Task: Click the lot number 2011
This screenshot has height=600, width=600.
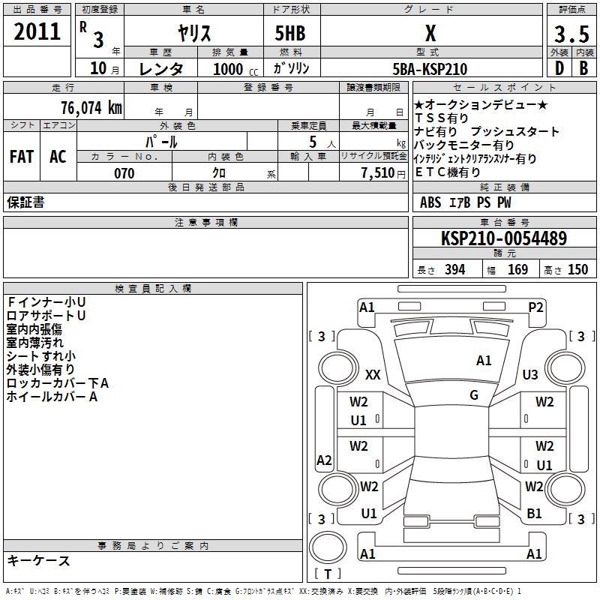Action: tap(37, 32)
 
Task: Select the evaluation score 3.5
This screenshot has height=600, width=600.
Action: tap(571, 34)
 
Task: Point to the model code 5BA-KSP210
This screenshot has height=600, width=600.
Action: tap(430, 69)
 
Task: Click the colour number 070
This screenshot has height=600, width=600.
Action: tap(124, 173)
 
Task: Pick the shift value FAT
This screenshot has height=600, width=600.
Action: tap(22, 157)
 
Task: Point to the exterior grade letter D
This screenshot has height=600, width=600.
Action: tap(559, 68)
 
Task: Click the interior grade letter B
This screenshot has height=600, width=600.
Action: tap(583, 68)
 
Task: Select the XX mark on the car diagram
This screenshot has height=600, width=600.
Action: tap(373, 374)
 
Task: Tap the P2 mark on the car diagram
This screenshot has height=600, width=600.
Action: tap(535, 307)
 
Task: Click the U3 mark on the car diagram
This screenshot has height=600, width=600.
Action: tap(530, 374)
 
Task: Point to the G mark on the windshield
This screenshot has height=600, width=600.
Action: tap(474, 394)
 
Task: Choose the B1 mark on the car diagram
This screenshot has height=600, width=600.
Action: tap(534, 514)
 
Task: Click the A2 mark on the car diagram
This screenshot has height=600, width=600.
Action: tap(324, 460)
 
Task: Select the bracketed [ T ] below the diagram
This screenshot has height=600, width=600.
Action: tap(328, 574)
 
